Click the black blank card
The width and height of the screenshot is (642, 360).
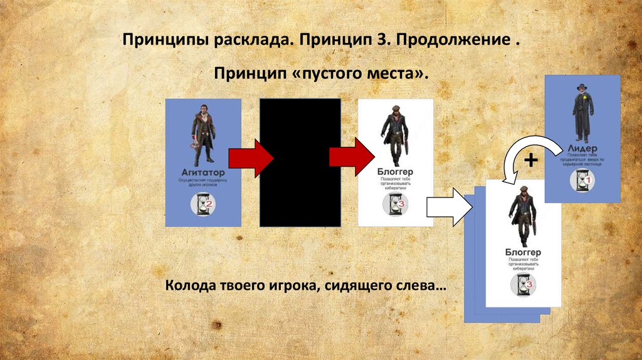point(300,162)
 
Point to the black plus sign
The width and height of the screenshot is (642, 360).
point(531,160)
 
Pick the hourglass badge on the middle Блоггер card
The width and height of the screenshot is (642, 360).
point(396,204)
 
